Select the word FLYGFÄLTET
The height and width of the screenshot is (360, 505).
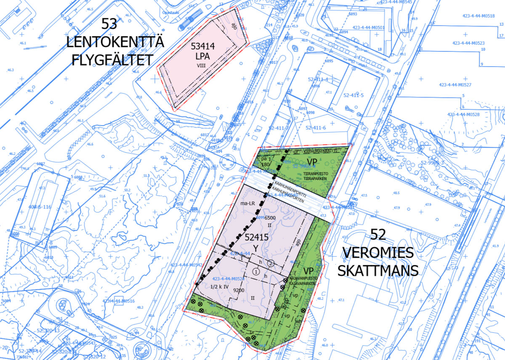[112, 60]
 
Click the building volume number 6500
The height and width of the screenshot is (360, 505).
[270, 218]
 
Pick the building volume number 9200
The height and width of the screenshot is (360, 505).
[239, 290]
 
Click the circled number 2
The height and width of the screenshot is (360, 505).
[271, 264]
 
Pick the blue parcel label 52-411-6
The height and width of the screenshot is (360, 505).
[316, 128]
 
